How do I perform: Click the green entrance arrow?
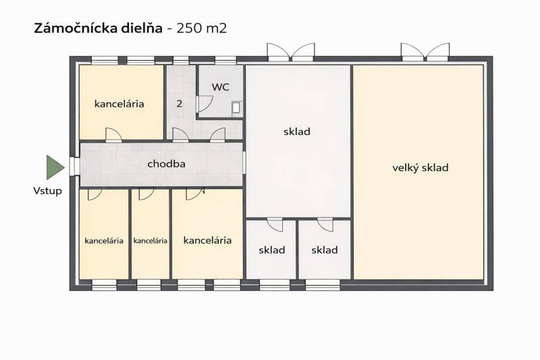click(55, 167)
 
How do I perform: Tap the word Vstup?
click(47, 191)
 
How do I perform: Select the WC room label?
click(221, 87)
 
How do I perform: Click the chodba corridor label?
click(166, 164)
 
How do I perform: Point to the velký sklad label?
click(420, 168)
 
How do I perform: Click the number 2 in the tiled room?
click(179, 103)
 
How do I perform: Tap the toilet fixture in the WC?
click(236, 107)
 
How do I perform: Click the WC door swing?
click(205, 104)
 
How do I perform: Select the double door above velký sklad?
click(425, 52)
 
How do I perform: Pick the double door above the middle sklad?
click(291, 52)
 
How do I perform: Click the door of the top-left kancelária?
click(113, 134)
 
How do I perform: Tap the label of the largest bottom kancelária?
click(207, 240)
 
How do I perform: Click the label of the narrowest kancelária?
click(150, 240)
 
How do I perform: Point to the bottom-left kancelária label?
click(104, 240)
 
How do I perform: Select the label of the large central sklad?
click(297, 132)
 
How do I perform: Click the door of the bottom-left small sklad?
click(275, 224)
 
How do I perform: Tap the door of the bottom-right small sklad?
click(325, 224)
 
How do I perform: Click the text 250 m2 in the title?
click(202, 28)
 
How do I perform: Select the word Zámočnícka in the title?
click(75, 28)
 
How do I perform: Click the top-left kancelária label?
click(119, 104)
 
